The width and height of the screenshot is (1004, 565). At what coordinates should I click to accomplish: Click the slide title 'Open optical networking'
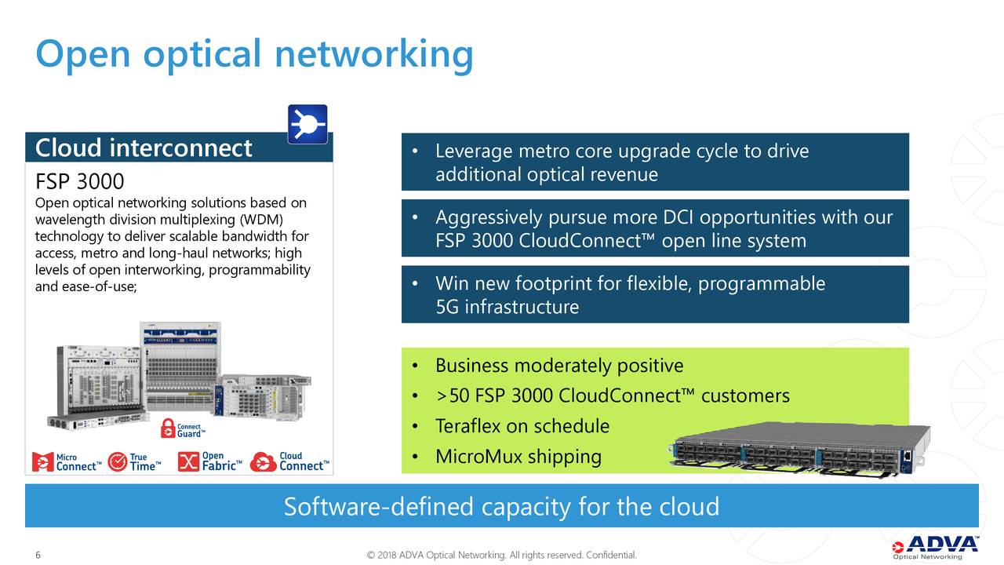click(x=254, y=54)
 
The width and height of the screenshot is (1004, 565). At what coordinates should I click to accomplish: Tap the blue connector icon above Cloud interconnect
click(x=307, y=124)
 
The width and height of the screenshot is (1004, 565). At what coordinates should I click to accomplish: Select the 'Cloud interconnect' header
click(x=144, y=148)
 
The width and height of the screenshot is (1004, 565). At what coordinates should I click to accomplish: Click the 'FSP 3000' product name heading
click(x=80, y=181)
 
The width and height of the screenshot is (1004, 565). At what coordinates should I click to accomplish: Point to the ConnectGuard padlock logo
click(x=183, y=428)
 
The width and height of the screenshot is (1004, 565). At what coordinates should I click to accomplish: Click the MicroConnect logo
click(x=67, y=461)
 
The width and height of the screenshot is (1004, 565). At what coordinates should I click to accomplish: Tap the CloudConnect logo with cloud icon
click(x=289, y=461)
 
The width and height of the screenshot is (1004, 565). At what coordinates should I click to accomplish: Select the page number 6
click(x=38, y=556)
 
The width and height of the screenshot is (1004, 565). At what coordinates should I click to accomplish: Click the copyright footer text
click(x=502, y=556)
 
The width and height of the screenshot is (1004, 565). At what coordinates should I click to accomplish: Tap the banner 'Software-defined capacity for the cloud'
click(x=501, y=506)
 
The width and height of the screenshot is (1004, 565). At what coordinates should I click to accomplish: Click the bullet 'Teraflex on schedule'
click(x=522, y=426)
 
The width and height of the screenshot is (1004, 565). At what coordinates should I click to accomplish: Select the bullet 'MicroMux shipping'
click(x=518, y=456)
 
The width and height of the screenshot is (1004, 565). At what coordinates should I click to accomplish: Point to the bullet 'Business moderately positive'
click(x=558, y=366)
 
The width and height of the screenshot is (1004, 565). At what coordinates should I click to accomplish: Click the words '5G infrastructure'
click(x=507, y=306)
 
